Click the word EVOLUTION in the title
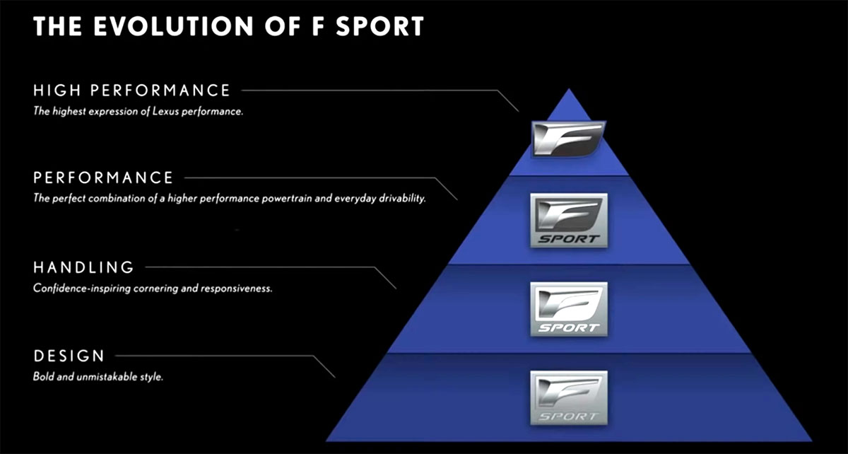point(173,26)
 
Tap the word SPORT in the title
point(379,26)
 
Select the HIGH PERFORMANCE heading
point(131,91)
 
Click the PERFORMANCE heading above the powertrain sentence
point(103,177)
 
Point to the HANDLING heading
point(83,267)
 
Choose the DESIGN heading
point(69,356)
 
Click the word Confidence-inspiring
point(82,289)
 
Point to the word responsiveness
point(236,289)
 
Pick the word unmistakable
point(107,377)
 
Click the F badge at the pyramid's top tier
point(568,139)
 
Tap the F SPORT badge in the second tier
point(569,220)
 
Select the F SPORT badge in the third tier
point(569,309)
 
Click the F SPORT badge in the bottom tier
point(569,398)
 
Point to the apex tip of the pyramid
point(569,88)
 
